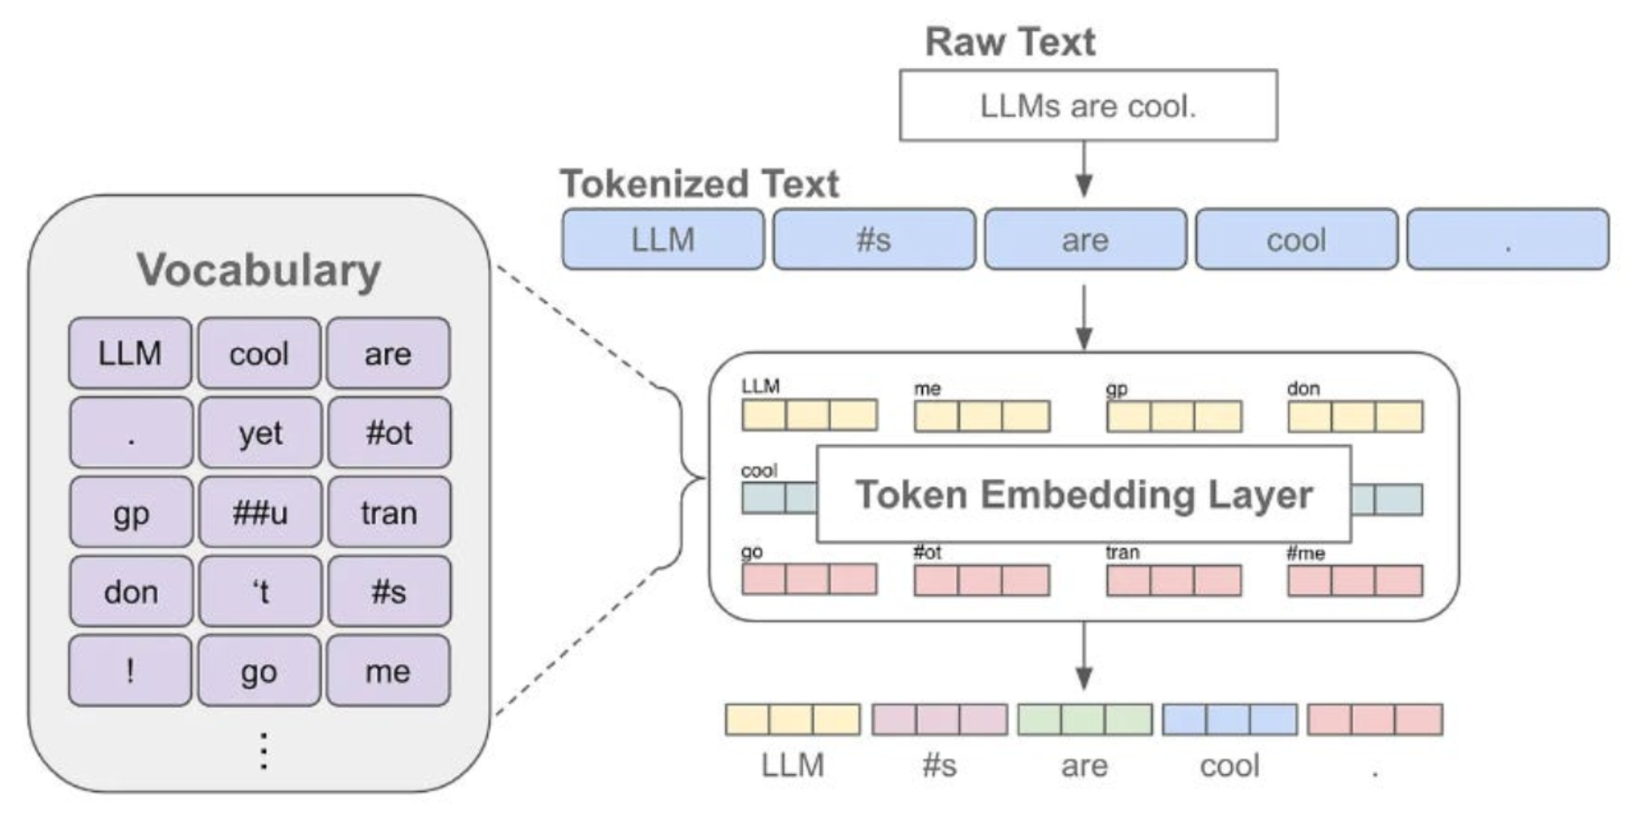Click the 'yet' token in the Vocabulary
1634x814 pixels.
click(260, 433)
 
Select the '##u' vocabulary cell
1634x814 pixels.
click(260, 512)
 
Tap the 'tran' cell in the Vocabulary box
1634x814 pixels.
click(389, 512)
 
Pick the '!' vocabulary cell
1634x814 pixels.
click(131, 671)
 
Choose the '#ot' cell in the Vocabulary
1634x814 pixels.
click(389, 433)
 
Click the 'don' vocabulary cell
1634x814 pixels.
click(131, 592)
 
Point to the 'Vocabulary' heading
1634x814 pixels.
click(259, 270)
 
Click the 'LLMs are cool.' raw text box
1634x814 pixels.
click(1088, 106)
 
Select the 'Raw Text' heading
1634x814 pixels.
click(1009, 42)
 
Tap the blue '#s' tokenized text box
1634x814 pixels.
click(874, 239)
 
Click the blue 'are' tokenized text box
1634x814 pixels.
click(1085, 239)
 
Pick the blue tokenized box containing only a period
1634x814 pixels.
click(1508, 239)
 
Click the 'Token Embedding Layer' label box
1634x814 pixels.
click(1084, 494)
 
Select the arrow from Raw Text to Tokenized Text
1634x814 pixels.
click(1084, 169)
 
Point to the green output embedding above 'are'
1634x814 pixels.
click(1084, 720)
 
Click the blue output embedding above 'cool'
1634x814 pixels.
click(1230, 720)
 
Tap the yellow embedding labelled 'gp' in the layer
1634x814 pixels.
click(1174, 416)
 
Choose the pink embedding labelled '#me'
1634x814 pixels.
click(1355, 580)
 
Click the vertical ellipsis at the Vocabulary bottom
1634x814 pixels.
click(263, 751)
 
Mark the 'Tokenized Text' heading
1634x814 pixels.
click(700, 184)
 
